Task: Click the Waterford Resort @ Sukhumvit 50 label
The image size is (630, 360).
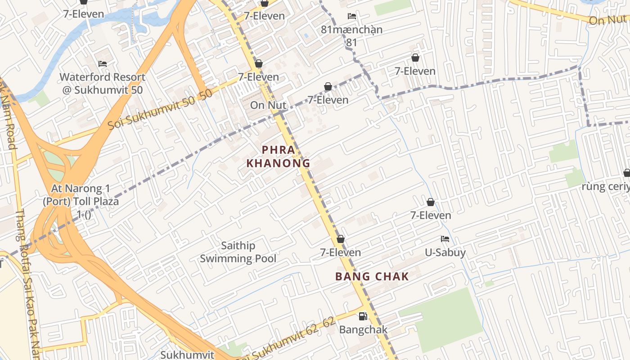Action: coord(103,83)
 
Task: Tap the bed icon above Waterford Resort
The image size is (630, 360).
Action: coord(103,64)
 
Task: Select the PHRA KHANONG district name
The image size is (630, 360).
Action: coord(279,156)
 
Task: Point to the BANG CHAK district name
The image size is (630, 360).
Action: coord(372,277)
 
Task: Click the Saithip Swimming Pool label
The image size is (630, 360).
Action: coord(238,252)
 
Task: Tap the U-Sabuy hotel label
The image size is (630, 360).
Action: coord(445,252)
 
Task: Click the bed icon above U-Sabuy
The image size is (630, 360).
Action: coord(445,239)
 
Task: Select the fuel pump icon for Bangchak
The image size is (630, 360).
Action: coord(363,316)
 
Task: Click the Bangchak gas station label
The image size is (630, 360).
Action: coord(363,329)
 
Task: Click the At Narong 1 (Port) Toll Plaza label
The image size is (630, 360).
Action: coord(81,201)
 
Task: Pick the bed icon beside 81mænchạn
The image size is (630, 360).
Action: coord(352,16)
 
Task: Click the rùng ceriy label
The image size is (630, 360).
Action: coord(605,186)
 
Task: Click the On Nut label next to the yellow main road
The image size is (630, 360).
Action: coord(268,105)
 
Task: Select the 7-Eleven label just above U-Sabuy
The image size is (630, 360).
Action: coord(431,216)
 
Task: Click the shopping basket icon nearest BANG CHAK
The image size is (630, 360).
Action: coord(341,239)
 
